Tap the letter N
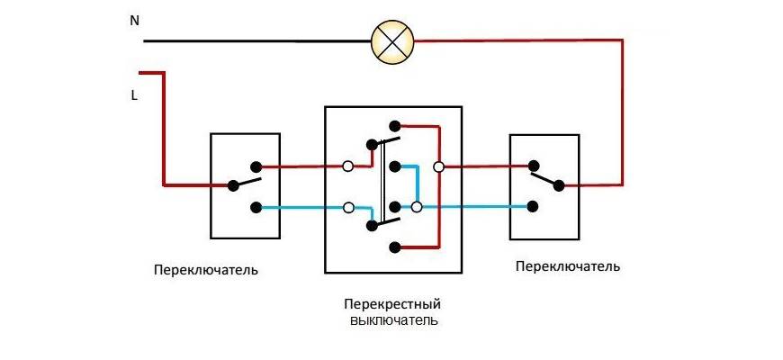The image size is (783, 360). click(x=134, y=20)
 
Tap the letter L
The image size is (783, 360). click(x=134, y=93)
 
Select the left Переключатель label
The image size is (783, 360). click(x=205, y=269)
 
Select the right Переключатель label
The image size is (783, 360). click(x=568, y=266)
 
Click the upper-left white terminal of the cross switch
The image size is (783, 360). click(x=347, y=166)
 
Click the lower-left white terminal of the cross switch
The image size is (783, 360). click(x=348, y=207)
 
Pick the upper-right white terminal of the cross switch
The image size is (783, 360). click(x=438, y=166)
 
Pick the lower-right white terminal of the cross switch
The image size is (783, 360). click(x=416, y=207)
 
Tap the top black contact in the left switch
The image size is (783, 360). click(x=256, y=166)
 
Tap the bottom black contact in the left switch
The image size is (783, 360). click(x=256, y=207)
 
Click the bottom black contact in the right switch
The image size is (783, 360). click(x=534, y=207)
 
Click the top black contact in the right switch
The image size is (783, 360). click(x=534, y=166)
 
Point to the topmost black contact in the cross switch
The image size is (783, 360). click(x=393, y=126)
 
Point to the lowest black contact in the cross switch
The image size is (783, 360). click(x=393, y=247)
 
